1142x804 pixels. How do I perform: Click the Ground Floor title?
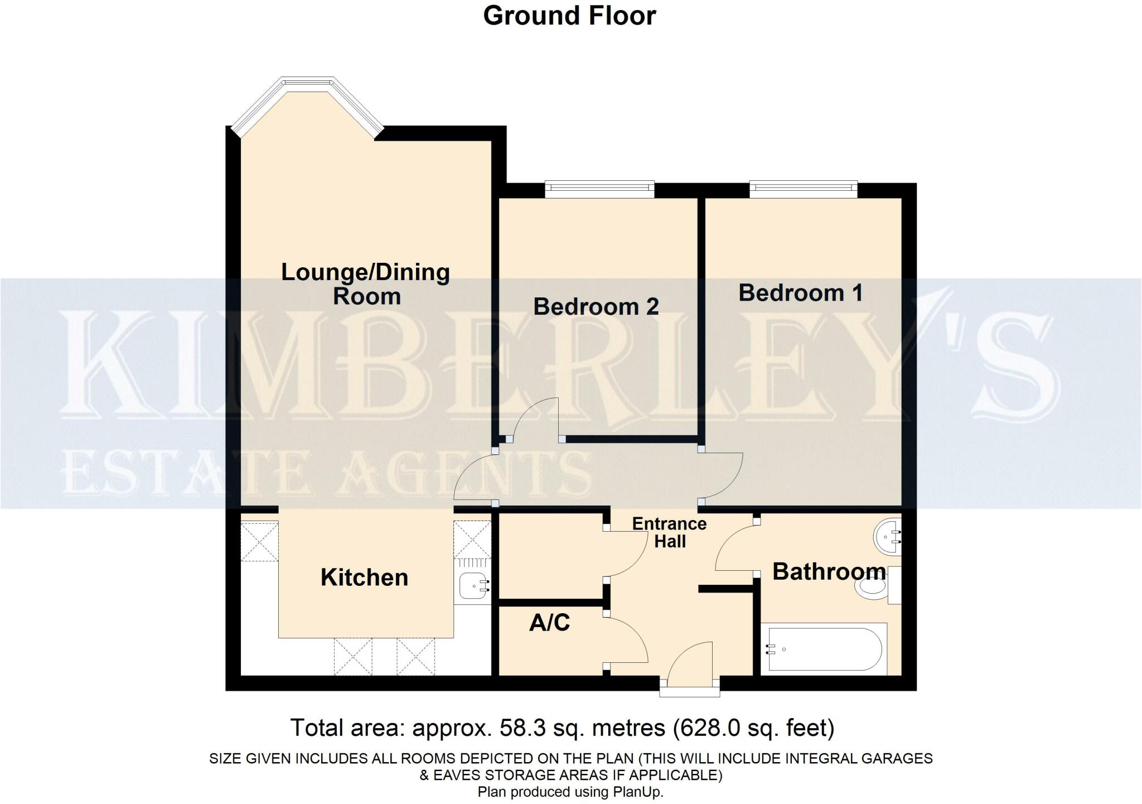click(x=569, y=16)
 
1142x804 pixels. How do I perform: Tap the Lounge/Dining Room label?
click(x=365, y=284)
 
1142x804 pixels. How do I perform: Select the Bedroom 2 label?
click(x=596, y=306)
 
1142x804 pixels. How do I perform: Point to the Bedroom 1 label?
click(x=800, y=293)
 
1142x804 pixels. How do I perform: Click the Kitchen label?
click(x=364, y=577)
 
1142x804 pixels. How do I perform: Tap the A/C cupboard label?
click(x=549, y=623)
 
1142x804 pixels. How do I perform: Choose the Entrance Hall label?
click(x=669, y=532)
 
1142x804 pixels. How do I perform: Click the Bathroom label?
click(x=829, y=572)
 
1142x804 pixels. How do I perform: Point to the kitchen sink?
click(x=474, y=586)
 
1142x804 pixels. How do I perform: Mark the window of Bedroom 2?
click(x=599, y=189)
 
